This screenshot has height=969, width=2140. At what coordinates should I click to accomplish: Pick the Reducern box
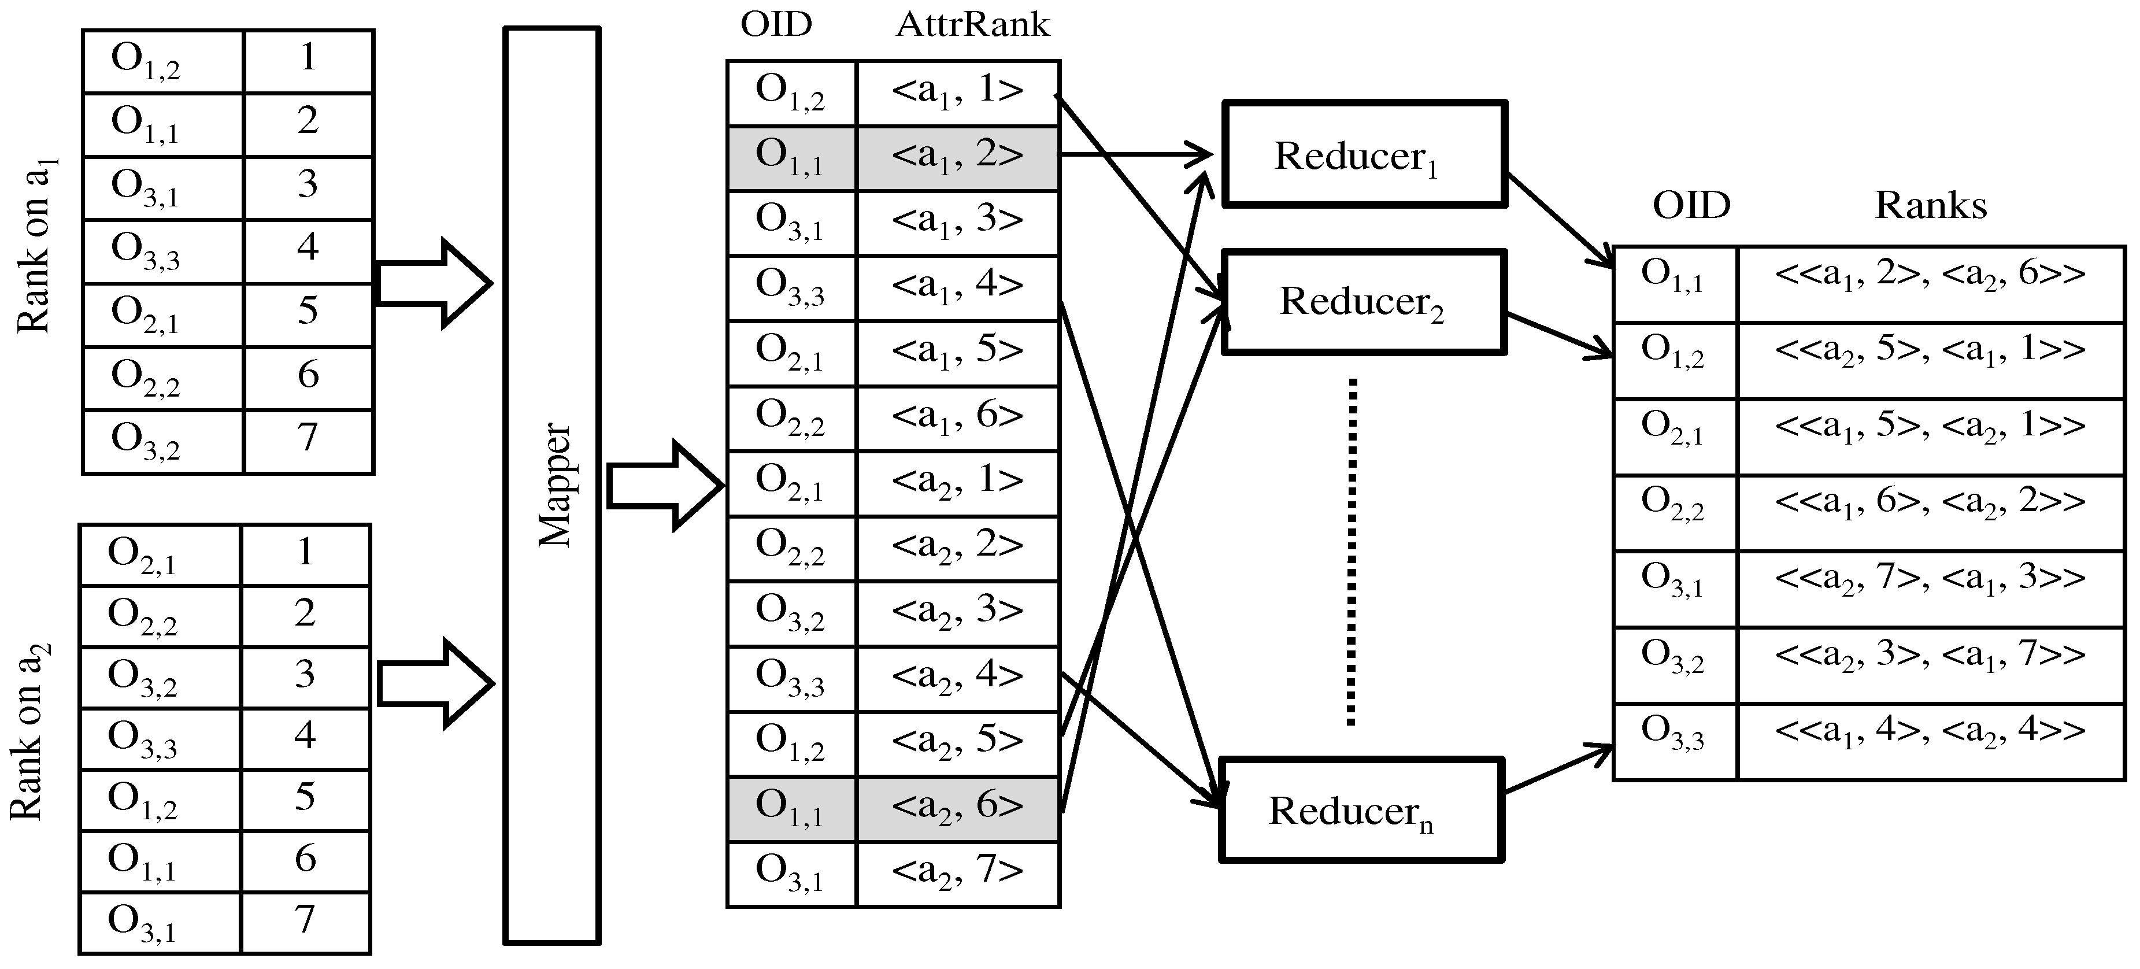(1361, 810)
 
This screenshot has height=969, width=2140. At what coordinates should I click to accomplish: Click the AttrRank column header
(972, 25)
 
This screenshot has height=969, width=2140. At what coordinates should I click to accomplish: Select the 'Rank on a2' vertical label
(28, 731)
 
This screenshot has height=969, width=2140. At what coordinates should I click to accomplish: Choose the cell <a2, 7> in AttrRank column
(957, 872)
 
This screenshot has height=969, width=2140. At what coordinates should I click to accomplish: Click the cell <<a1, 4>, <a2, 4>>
(1930, 731)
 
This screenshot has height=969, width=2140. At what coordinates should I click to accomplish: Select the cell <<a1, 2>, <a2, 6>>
(1930, 274)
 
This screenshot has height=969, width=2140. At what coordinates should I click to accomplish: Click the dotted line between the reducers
(1352, 553)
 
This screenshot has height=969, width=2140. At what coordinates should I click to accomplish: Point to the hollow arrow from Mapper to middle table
(665, 486)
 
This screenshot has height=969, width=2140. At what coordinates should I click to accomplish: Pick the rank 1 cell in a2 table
(305, 553)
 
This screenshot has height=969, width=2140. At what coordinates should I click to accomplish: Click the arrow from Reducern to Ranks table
(1558, 769)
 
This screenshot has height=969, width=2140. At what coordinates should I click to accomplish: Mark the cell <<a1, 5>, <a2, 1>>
(1930, 427)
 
